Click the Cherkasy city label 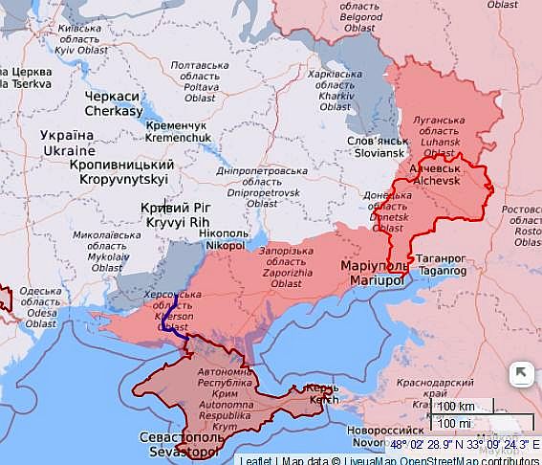tap(113, 103)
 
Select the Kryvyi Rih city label tap(171, 214)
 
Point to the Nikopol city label tap(225, 238)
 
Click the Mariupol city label tap(373, 273)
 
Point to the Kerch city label tap(321, 393)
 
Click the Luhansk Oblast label tap(439, 137)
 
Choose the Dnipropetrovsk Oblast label tap(248, 186)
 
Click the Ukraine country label tap(68, 144)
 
